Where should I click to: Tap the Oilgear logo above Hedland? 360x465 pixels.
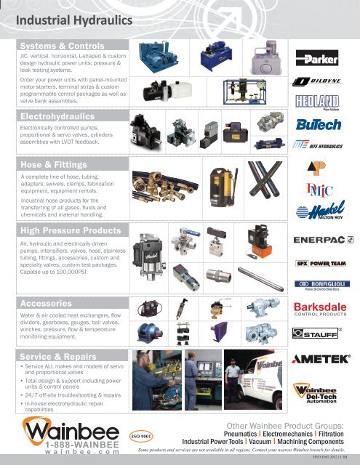pos(320,81)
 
